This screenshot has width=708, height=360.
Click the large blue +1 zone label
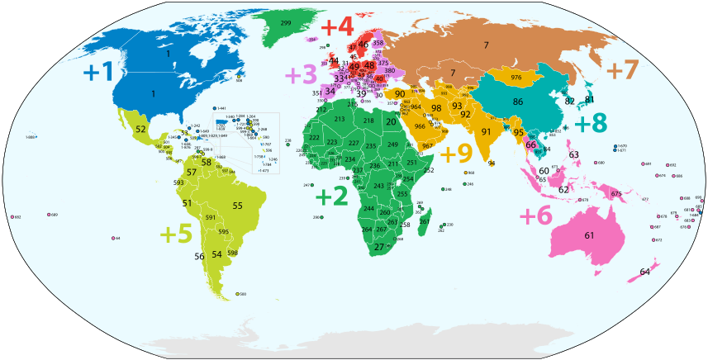pos(98,72)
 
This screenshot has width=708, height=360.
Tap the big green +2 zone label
pos(332,197)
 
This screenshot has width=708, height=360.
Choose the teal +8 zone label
pos(591,123)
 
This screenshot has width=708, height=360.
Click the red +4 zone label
pos(336,26)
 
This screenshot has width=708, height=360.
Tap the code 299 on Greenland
pos(285,22)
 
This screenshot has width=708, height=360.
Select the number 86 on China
pos(518,102)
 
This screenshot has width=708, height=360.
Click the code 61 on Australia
pos(589,236)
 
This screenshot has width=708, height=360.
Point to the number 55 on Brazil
pos(237,206)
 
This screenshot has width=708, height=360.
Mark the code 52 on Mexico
pos(140,130)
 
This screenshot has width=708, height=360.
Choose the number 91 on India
pos(487,132)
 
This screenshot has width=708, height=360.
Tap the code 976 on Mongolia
pos(516,78)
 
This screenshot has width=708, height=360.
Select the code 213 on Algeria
pos(339,120)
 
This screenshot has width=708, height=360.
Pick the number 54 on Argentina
pos(216,254)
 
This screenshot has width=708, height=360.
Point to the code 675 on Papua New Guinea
pos(616,194)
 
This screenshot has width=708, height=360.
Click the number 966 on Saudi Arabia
pos(420,126)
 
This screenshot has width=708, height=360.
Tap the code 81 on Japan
pos(590,99)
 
